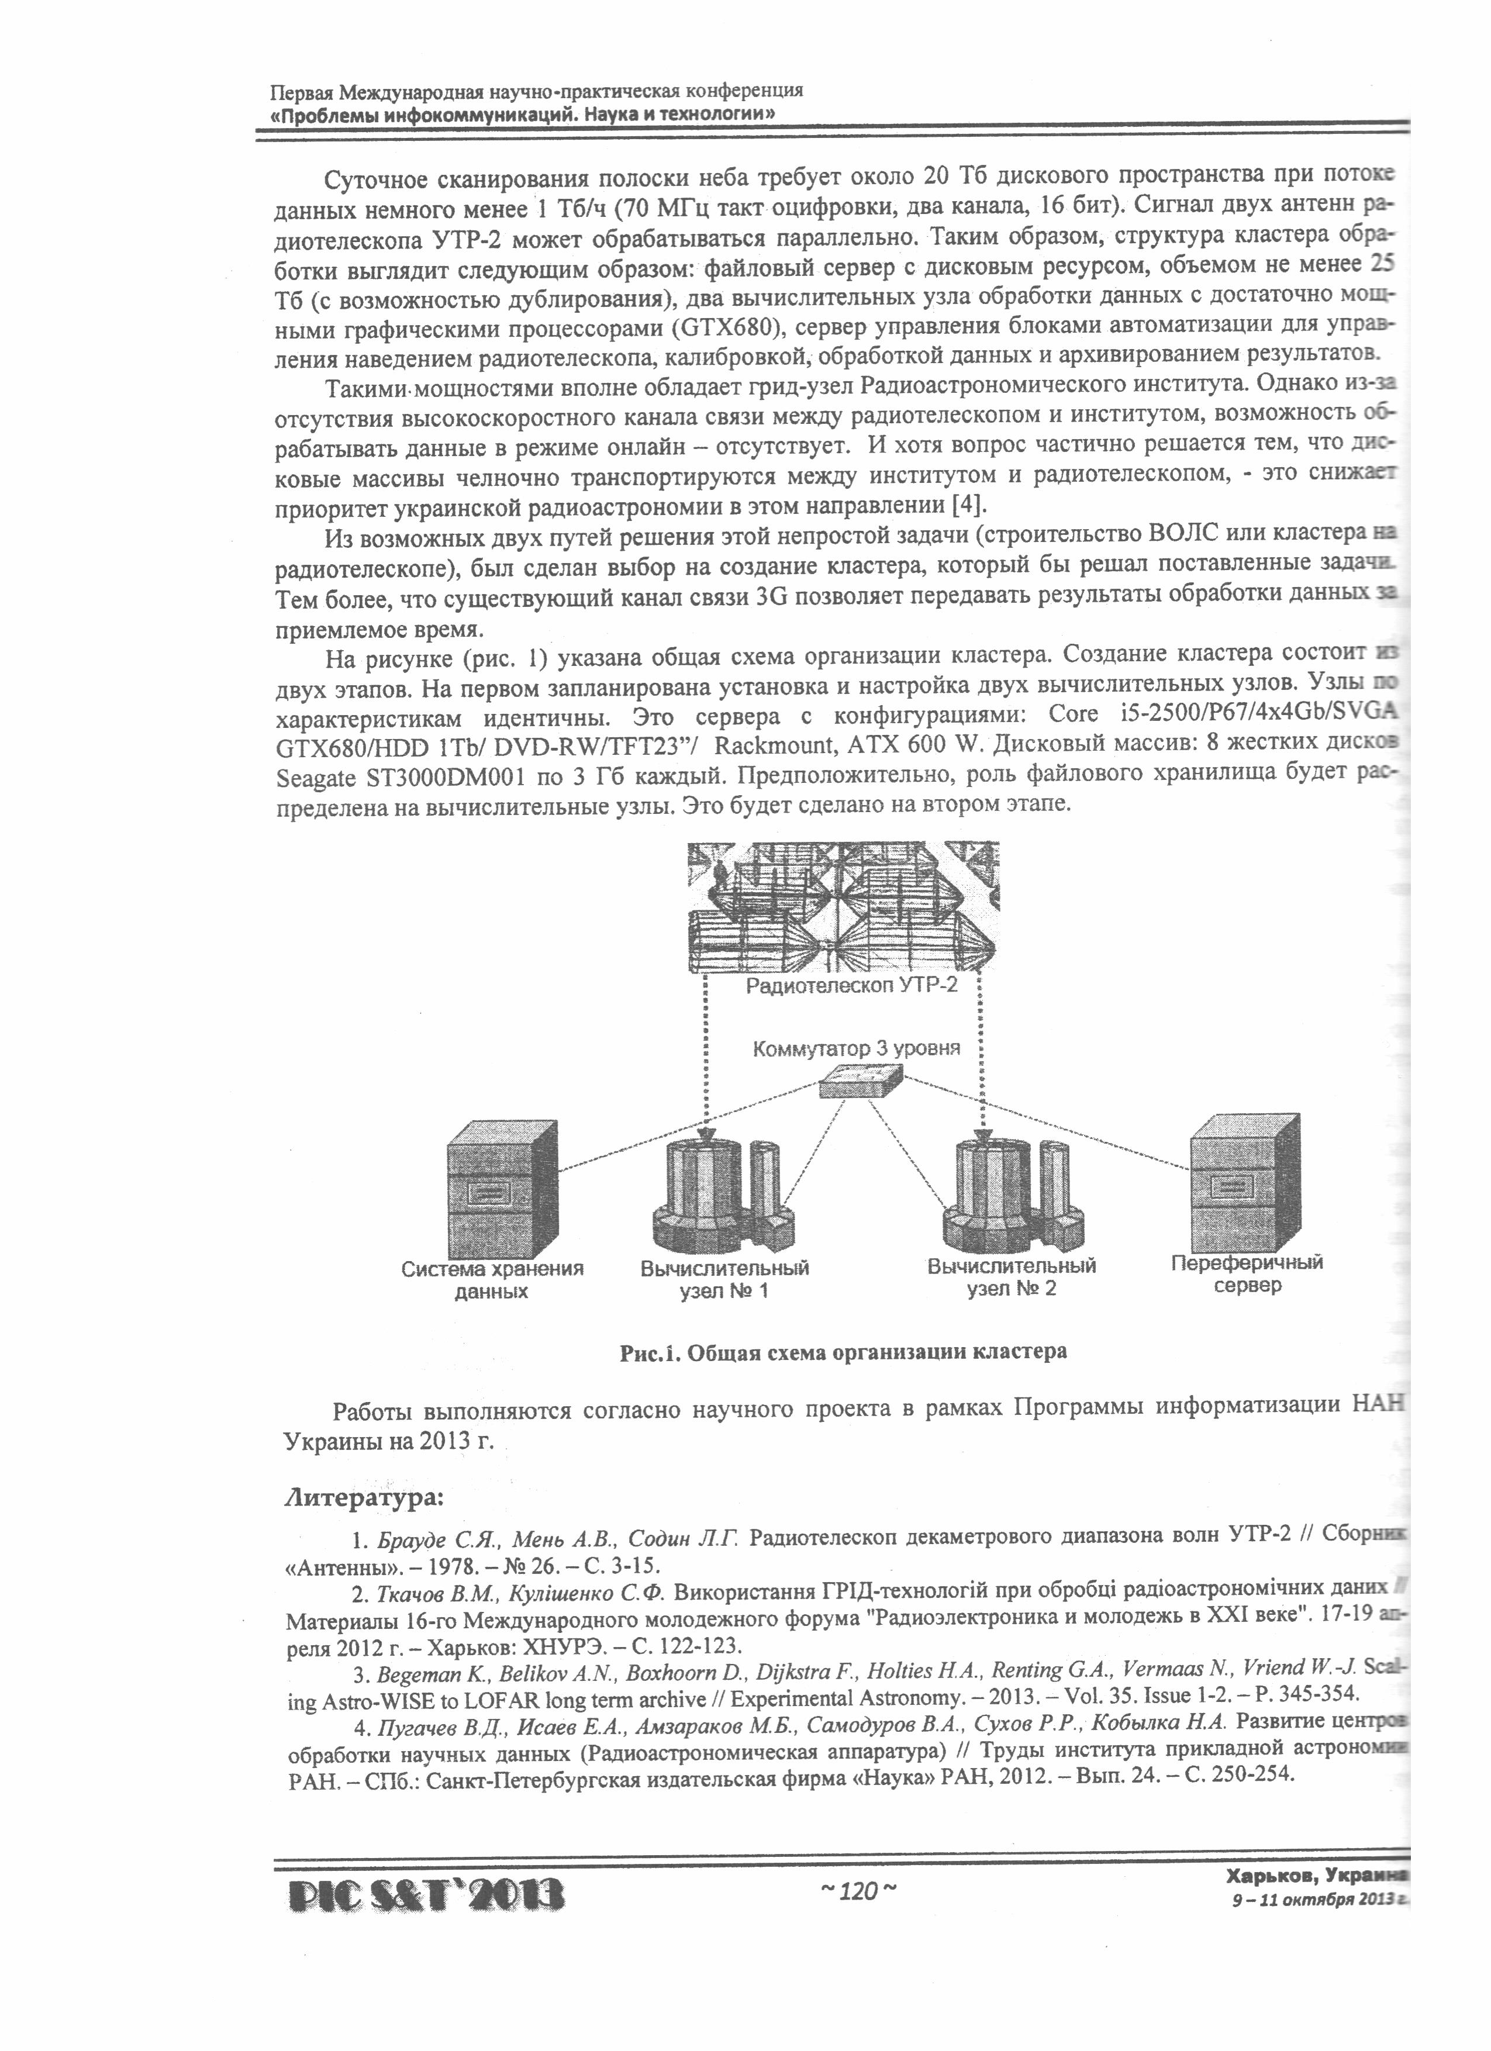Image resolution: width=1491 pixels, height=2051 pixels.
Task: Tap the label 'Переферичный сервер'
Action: (1246, 1273)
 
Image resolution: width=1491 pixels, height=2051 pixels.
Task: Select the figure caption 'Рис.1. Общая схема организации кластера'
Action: (843, 1352)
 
